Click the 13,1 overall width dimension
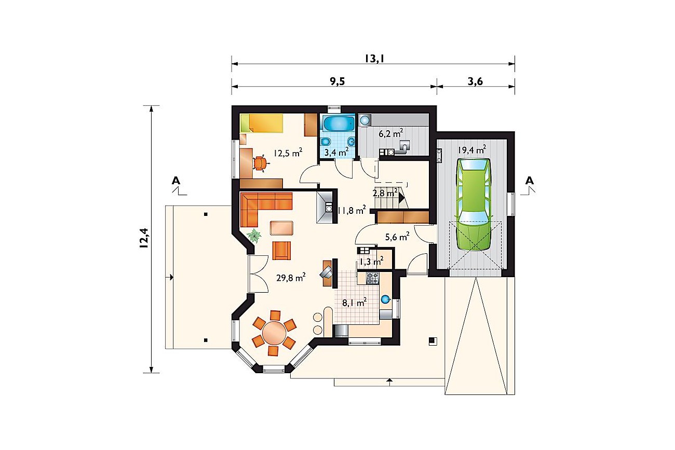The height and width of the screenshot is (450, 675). pyautogui.click(x=374, y=59)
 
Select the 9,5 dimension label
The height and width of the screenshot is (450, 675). pyautogui.click(x=337, y=81)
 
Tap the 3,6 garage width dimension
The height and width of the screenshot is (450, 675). pyautogui.click(x=475, y=81)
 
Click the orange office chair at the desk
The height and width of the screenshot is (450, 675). pyautogui.click(x=260, y=163)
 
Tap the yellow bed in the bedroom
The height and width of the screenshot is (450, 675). pyautogui.click(x=261, y=123)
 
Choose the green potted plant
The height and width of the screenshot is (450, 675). pyautogui.click(x=254, y=236)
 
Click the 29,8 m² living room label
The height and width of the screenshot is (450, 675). pyautogui.click(x=291, y=277)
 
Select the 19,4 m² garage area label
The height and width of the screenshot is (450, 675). pyautogui.click(x=472, y=149)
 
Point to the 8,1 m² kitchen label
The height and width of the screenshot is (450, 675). pyautogui.click(x=354, y=302)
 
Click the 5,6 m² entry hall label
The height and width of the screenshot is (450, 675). pyautogui.click(x=397, y=237)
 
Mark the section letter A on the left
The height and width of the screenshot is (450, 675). pyautogui.click(x=176, y=181)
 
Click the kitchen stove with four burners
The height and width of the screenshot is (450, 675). pyautogui.click(x=373, y=278)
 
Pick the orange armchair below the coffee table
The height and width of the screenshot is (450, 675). pyautogui.click(x=281, y=250)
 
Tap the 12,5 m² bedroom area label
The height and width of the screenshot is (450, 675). pyautogui.click(x=288, y=153)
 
